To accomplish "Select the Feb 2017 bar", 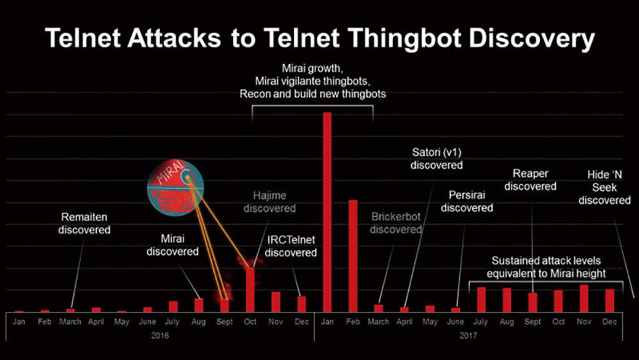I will [x=353, y=256].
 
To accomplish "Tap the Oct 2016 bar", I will [x=250, y=290].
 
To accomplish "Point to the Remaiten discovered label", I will [x=84, y=223].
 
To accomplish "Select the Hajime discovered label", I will [x=270, y=201].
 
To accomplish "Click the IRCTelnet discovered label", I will [x=291, y=246].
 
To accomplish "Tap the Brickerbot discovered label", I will [x=396, y=223].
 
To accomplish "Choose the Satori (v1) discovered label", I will [x=436, y=159].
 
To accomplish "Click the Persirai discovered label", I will [x=466, y=201].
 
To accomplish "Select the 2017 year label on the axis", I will [x=468, y=335].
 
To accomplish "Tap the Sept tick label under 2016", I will [x=224, y=322].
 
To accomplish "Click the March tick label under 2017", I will [x=378, y=322].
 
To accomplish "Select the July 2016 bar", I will [x=173, y=306].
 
